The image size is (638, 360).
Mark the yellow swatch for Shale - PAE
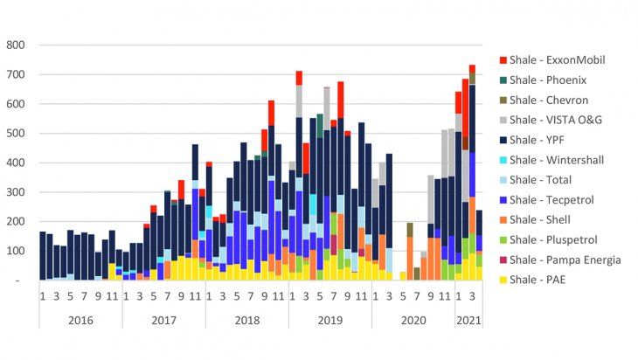pyautogui.click(x=504, y=280)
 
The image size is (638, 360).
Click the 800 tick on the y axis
pyautogui.click(x=16, y=45)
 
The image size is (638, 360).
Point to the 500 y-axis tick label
pyautogui.click(x=16, y=134)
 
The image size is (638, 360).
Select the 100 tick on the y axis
pyautogui.click(x=16, y=252)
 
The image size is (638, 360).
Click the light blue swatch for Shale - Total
pyautogui.click(x=504, y=180)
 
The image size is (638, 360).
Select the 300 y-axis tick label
pyautogui.click(x=16, y=192)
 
